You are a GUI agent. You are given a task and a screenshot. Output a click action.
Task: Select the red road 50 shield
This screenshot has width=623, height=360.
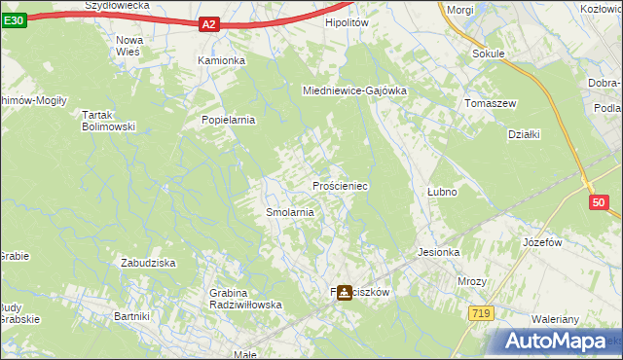pyautogui.click(x=599, y=202)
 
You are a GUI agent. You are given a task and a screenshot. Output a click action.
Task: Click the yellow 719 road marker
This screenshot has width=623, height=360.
pyautogui.click(x=480, y=313)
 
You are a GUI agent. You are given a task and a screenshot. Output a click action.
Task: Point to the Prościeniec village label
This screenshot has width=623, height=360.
pyautogui.click(x=339, y=185)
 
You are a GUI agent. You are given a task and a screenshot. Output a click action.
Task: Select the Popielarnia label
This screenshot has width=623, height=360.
pyautogui.click(x=228, y=121)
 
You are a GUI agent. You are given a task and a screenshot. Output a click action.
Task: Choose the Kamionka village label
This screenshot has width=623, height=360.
pyautogui.click(x=222, y=60)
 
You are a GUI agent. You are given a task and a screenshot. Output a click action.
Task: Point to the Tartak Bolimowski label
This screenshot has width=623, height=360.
pyautogui.click(x=107, y=121)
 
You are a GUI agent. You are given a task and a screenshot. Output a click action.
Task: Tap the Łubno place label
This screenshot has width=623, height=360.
pyautogui.click(x=442, y=192)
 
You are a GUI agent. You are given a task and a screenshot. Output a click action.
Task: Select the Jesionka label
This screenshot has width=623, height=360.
pyautogui.click(x=438, y=252)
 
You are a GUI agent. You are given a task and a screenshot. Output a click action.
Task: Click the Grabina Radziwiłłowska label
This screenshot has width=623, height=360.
pyautogui.click(x=245, y=299)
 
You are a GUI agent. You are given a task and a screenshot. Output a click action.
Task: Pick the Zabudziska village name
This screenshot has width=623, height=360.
pyautogui.click(x=147, y=263)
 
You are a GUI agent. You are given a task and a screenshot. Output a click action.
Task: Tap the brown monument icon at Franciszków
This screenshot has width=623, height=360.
pyautogui.click(x=345, y=292)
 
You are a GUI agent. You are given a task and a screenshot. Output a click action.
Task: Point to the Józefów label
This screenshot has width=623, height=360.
pyautogui.click(x=544, y=241)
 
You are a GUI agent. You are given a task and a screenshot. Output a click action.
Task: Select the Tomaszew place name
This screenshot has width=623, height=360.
pyautogui.click(x=490, y=103)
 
